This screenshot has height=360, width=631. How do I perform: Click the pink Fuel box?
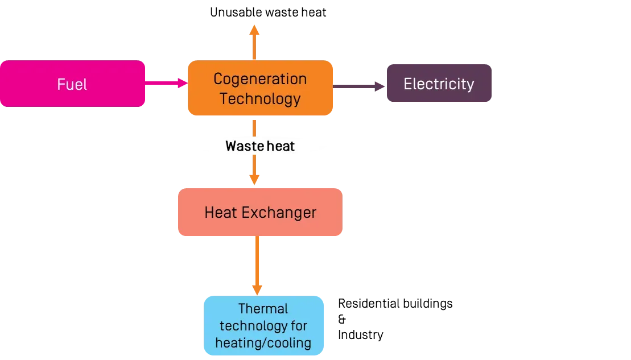click(72, 84)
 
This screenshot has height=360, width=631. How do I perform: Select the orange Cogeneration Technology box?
click(260, 88)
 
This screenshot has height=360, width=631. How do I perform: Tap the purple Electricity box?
click(439, 84)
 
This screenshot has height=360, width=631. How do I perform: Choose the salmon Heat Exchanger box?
click(260, 213)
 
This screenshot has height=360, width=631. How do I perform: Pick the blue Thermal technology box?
click(264, 326)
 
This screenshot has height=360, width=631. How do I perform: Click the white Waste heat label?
click(259, 146)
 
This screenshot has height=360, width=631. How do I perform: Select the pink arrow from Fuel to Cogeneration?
click(166, 84)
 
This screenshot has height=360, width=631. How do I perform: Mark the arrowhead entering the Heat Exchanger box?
click(254, 180)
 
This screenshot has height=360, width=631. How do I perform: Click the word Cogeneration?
click(260, 79)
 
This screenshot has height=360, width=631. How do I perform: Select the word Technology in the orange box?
click(260, 98)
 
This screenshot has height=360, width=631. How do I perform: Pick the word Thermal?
click(263, 309)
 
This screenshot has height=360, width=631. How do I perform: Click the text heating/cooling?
click(263, 343)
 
